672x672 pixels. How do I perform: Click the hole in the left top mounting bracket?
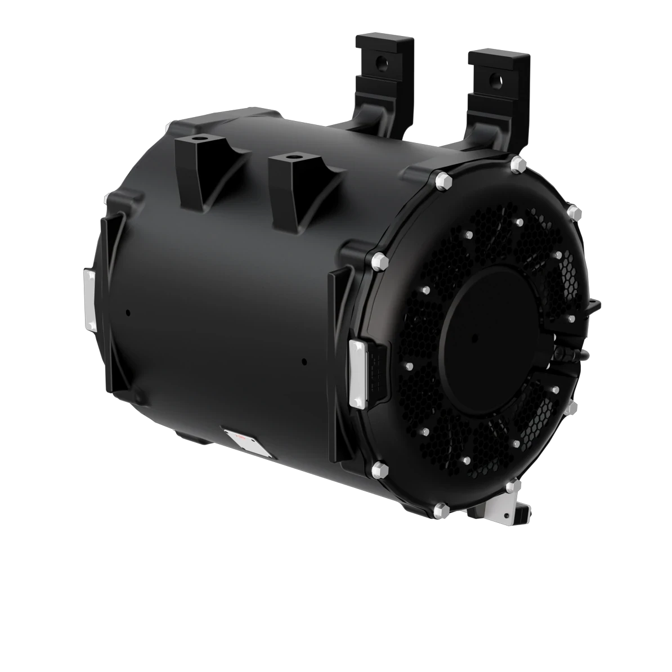(x=382, y=59)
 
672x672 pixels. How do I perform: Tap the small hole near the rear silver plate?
(x=128, y=311)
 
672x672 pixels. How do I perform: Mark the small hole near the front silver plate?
(x=304, y=361)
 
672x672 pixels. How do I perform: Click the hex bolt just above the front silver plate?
(x=378, y=260)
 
